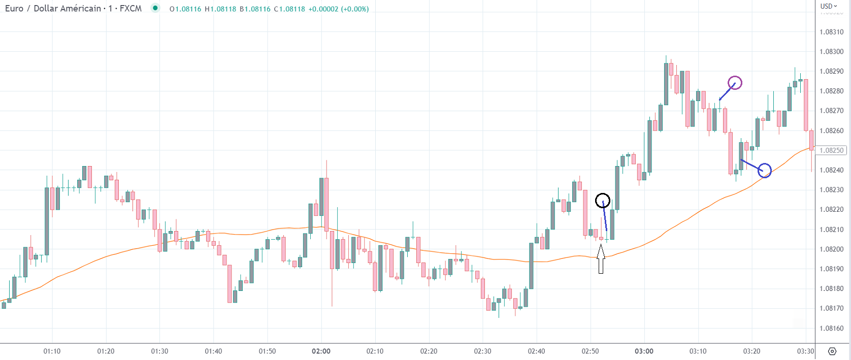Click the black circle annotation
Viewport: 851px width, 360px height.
(x=603, y=201)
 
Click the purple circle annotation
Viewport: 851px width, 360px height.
(x=735, y=83)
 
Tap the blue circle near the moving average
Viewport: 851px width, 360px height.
(x=765, y=171)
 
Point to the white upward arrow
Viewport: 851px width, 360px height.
(x=601, y=259)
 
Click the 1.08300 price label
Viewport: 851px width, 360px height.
(x=831, y=52)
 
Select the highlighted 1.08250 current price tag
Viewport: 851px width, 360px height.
(x=831, y=150)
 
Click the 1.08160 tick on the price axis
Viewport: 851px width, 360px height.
(x=831, y=329)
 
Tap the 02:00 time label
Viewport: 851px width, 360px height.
(x=321, y=351)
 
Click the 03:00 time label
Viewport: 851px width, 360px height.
(x=644, y=351)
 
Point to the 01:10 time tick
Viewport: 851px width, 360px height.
(x=52, y=351)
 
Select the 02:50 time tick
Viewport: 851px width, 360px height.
(x=590, y=351)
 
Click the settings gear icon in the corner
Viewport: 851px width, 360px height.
(x=832, y=351)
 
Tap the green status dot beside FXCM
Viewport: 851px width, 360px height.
(x=155, y=8)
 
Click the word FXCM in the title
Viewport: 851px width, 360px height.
(x=130, y=9)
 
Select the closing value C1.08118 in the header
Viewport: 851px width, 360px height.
(x=289, y=9)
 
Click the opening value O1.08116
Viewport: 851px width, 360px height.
(x=185, y=9)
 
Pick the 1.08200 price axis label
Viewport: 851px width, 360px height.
(x=831, y=249)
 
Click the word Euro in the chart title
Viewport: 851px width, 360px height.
(x=14, y=9)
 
